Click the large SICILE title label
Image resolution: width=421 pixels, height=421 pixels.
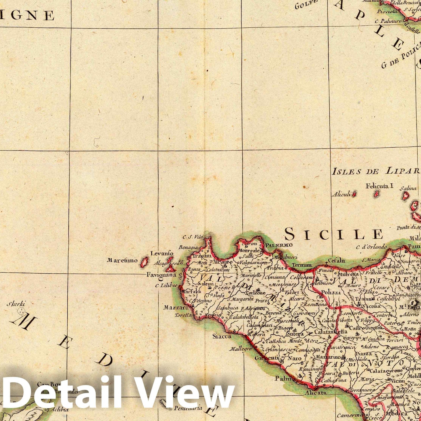click(334, 234)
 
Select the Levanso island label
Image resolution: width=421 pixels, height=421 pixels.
click(162, 254)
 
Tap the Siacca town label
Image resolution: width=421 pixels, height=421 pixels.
click(222, 336)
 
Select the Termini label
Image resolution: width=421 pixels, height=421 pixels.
click(302, 265)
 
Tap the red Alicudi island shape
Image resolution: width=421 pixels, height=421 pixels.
click(354, 194)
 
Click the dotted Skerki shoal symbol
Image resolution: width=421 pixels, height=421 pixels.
click(21, 311)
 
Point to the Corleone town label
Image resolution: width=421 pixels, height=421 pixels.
click(256, 293)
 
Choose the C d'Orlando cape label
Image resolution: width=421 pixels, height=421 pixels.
click(371, 247)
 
